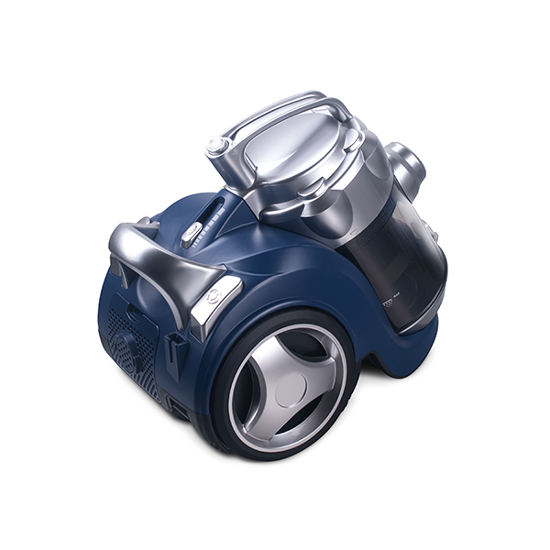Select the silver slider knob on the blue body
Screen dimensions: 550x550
191,233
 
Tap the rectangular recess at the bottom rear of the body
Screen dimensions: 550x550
180,409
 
